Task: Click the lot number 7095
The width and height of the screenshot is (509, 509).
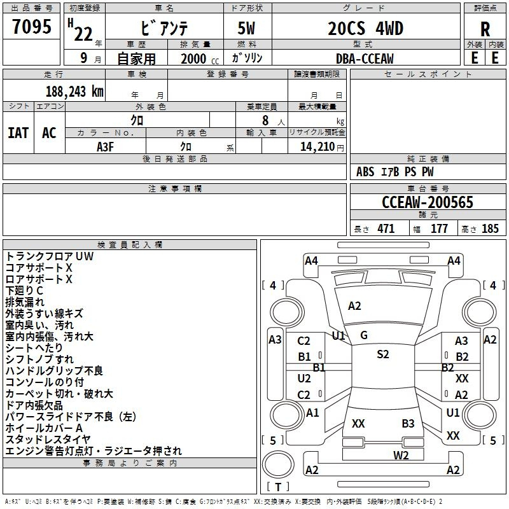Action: click(x=32, y=27)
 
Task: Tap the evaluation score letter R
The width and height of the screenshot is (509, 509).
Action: click(x=485, y=29)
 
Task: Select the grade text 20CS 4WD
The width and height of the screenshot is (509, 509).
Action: click(x=366, y=29)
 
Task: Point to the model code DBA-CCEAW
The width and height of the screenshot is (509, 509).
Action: click(x=365, y=59)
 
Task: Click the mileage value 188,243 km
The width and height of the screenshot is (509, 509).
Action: click(x=74, y=91)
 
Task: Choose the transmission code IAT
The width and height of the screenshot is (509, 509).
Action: click(x=18, y=133)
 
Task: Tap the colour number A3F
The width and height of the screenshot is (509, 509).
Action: click(x=106, y=146)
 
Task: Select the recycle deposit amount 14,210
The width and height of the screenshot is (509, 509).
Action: click(x=316, y=147)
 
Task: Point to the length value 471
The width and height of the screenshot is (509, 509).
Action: click(x=386, y=229)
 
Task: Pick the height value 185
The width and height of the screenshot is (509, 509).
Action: click(x=491, y=229)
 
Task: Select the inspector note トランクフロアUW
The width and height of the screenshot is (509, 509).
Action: click(x=49, y=256)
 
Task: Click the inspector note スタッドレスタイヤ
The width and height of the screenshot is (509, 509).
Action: click(x=48, y=439)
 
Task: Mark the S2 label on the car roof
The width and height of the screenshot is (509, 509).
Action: click(x=382, y=354)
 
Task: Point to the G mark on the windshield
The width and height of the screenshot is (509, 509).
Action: click(x=363, y=335)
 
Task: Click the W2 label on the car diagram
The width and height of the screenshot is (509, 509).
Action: click(x=401, y=455)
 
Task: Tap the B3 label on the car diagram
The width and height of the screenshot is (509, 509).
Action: click(x=408, y=423)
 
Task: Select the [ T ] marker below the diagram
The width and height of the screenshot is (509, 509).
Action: click(x=278, y=486)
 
